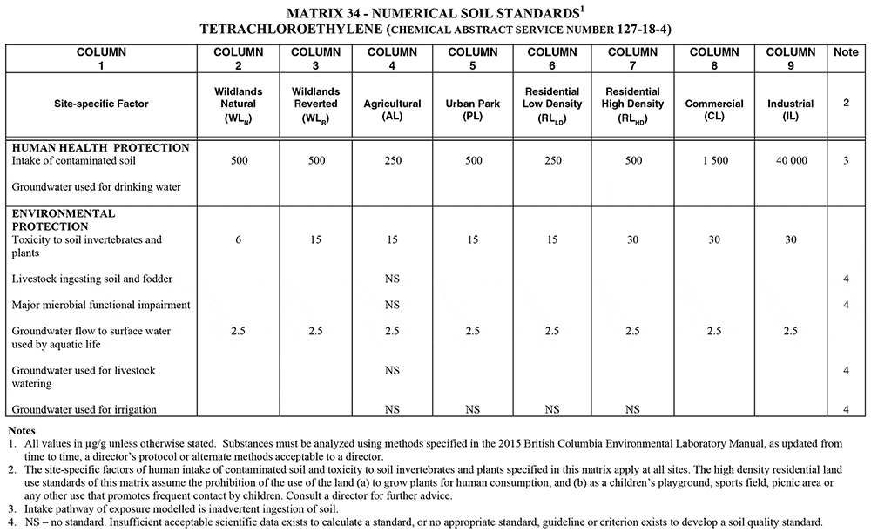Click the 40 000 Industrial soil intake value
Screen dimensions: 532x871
791,161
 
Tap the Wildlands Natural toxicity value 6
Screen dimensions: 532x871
237,239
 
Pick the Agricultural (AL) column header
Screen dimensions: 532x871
392,110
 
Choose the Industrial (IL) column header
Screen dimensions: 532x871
791,110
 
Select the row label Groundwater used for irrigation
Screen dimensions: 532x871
84,409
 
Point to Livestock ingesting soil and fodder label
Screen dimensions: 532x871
91,279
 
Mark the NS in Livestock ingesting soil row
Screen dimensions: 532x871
392,279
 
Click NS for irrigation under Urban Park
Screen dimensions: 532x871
472,409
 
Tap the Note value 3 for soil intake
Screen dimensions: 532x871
846,161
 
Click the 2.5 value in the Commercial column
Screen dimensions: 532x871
713,332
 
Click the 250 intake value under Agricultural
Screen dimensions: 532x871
392,161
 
